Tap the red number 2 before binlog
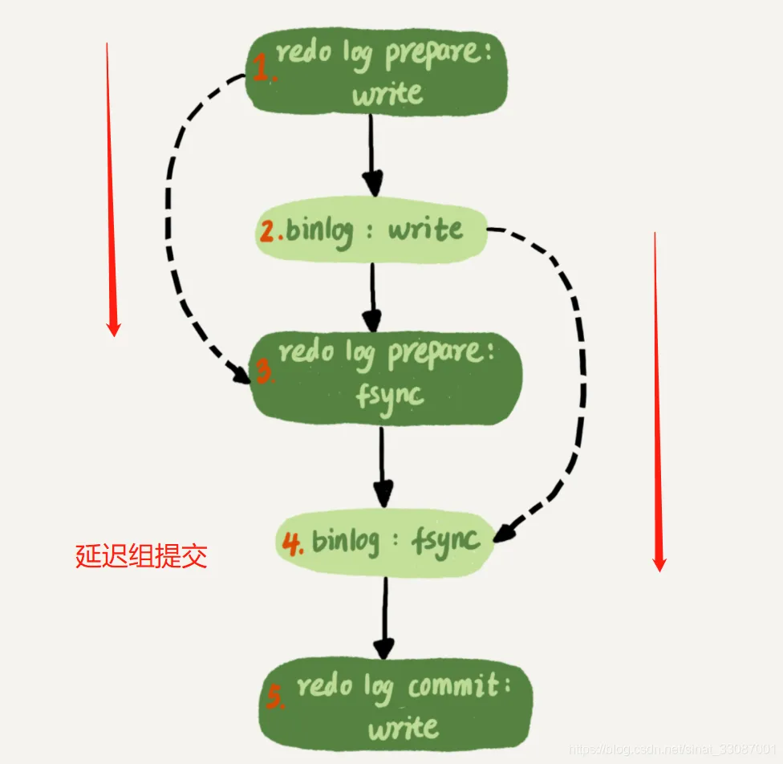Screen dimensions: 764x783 [x=268, y=232]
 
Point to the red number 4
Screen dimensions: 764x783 [x=292, y=543]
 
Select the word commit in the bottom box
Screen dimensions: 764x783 [x=452, y=688]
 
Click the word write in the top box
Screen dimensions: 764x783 [x=387, y=95]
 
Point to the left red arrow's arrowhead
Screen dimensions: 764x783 [x=113, y=327]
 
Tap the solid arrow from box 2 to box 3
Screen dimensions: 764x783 [x=371, y=294]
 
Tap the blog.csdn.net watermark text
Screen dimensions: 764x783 [x=674, y=748]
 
